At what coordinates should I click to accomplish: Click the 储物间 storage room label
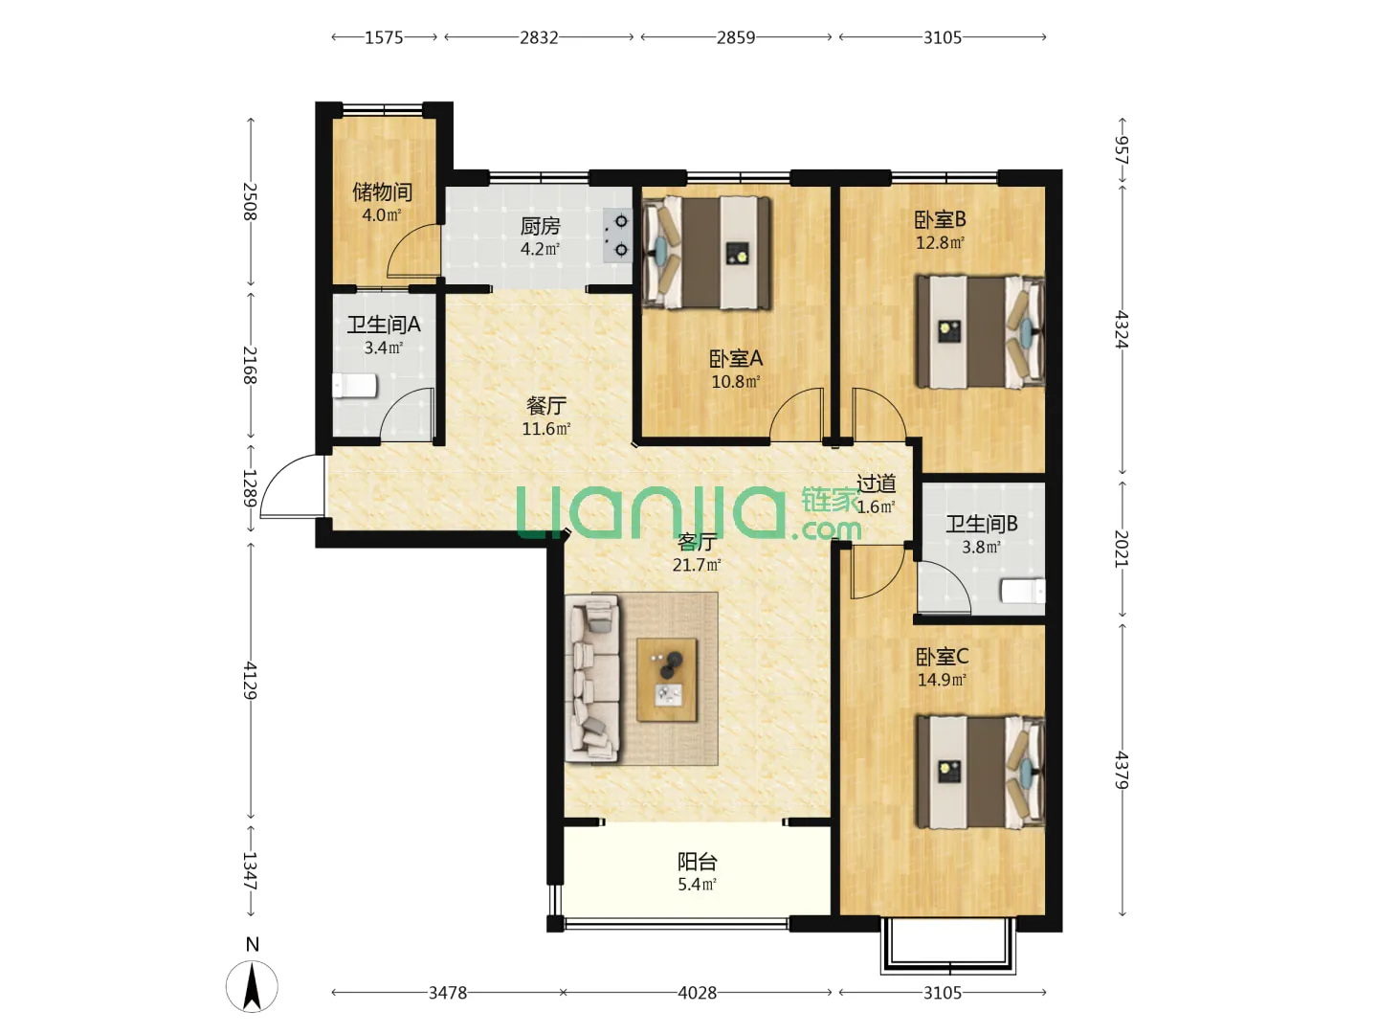coord(382,192)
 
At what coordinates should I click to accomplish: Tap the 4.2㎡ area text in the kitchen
coord(540,249)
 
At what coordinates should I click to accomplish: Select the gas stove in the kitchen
coord(617,236)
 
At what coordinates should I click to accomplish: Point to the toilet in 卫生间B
coord(1023,592)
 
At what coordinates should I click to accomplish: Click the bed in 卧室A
coord(706,253)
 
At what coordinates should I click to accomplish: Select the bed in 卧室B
coord(980,331)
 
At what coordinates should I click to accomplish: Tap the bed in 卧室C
coord(980,772)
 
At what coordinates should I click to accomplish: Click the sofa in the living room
coord(592,678)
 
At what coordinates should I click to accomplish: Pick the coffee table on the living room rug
coord(667,680)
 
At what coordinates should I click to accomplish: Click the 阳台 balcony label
coord(697,862)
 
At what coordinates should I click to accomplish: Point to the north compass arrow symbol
coord(252,986)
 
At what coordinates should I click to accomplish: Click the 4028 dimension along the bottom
coord(697,993)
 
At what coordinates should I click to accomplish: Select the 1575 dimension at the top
coord(384,37)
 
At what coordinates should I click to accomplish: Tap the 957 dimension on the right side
coord(1122,150)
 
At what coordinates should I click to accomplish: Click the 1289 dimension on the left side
coord(250,488)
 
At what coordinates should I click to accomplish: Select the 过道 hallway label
coord(876,483)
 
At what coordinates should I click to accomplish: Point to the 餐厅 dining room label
coord(545,406)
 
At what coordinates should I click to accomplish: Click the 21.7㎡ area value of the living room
coord(697,565)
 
